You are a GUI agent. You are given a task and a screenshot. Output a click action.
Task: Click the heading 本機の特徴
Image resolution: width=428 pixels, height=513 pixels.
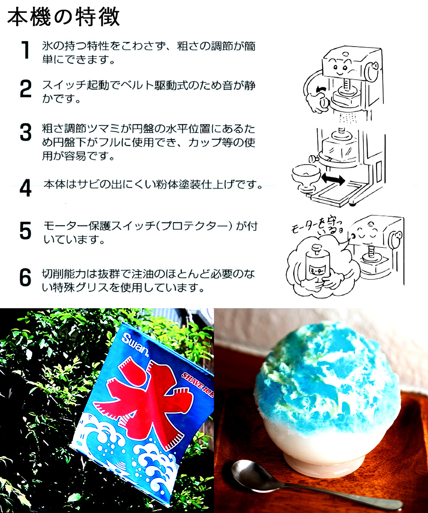click(x=63, y=18)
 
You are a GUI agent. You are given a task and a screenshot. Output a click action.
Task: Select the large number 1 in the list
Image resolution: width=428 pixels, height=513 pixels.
click(x=26, y=51)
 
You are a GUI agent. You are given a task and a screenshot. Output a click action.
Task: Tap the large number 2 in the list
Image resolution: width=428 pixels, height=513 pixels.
click(x=26, y=89)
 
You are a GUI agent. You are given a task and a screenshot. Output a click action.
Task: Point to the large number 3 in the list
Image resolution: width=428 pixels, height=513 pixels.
click(x=26, y=133)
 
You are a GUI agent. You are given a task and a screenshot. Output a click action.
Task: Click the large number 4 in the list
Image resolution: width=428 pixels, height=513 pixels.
click(x=26, y=188)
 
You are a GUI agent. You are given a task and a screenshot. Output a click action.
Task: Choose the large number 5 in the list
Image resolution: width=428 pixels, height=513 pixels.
click(x=26, y=231)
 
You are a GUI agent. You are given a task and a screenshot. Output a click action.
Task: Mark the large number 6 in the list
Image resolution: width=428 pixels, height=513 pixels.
click(x=26, y=278)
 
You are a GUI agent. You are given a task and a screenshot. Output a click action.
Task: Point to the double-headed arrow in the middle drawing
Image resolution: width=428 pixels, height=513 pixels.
click(x=333, y=180)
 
